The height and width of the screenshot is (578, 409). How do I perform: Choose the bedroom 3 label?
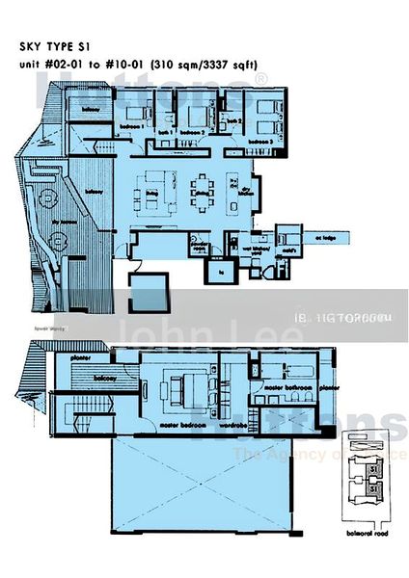point(259,142)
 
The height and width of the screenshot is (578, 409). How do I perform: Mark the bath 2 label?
point(232,121)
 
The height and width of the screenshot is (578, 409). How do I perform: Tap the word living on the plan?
point(152,193)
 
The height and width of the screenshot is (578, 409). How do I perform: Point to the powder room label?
point(199,249)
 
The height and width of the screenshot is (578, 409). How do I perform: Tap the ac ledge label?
point(328,238)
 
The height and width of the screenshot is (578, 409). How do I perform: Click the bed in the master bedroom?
point(183,389)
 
